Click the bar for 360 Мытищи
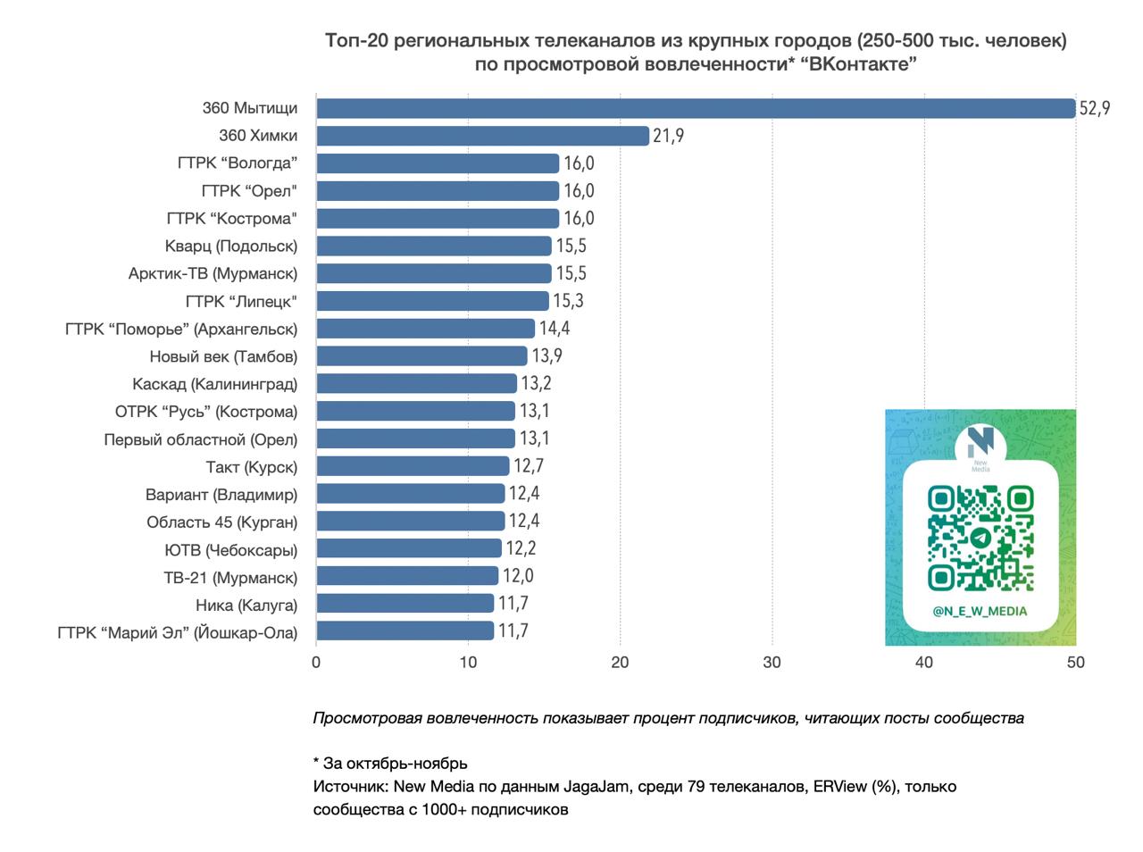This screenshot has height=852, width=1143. click(696, 108)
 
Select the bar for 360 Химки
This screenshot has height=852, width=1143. click(482, 136)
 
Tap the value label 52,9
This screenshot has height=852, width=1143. click(1095, 108)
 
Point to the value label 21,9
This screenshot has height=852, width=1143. click(669, 136)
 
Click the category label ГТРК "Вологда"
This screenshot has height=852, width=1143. click(237, 163)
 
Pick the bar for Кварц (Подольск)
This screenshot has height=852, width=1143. click(434, 246)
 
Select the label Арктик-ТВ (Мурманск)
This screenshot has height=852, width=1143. click(213, 273)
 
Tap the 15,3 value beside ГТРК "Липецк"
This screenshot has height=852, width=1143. click(568, 301)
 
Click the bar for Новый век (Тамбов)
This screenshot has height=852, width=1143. click(421, 356)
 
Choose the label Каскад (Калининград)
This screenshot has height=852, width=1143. click(214, 384)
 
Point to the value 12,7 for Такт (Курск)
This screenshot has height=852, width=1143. click(528, 466)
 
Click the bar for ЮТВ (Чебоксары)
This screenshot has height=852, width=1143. click(409, 548)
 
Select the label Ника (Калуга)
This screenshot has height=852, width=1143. click(246, 605)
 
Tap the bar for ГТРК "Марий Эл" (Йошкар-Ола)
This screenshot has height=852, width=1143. click(405, 631)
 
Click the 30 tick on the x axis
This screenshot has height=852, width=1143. click(772, 663)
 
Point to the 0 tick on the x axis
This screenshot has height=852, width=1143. click(316, 663)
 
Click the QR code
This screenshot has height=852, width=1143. click(980, 539)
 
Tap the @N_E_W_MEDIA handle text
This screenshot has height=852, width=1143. click(980, 612)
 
